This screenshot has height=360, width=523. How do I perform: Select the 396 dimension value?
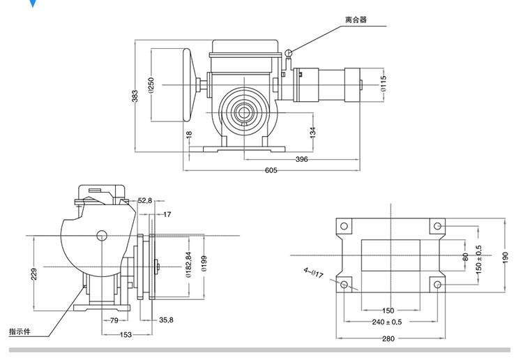tap(301, 159)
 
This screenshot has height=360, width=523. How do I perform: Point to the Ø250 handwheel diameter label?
tap(151, 84)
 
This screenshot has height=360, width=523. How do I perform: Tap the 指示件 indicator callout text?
tap(19, 331)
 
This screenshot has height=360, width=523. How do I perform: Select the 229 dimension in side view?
tap(34, 274)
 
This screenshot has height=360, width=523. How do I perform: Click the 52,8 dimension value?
tap(145, 200)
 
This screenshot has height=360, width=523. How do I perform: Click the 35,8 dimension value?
tap(166, 321)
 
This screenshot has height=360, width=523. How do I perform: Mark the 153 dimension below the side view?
tap(126, 335)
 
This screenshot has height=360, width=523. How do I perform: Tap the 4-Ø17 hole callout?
tap(312, 273)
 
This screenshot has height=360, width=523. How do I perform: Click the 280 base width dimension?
tap(388, 338)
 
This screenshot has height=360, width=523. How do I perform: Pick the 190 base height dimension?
tap(506, 257)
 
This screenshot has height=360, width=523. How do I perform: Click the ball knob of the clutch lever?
tap(289, 52)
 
